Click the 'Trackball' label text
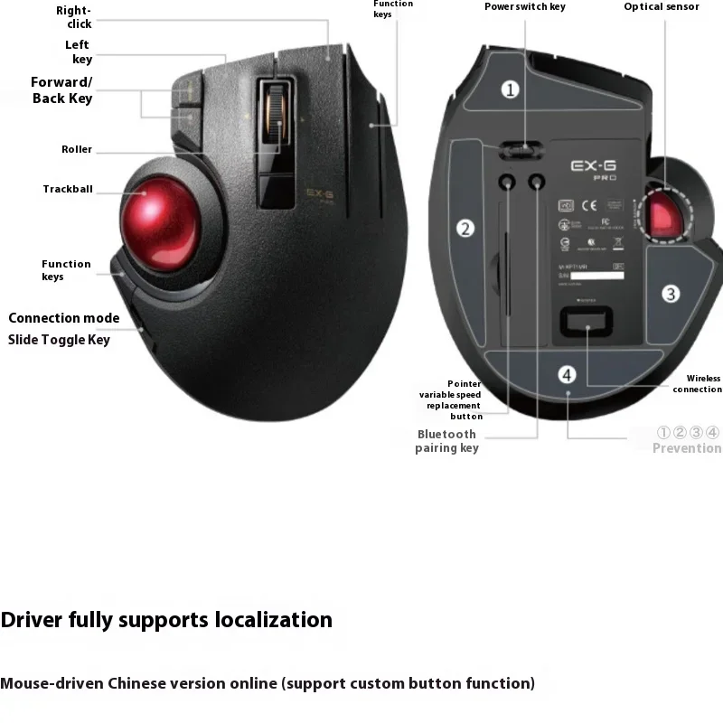pyautogui.click(x=68, y=190)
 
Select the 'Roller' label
pyautogui.click(x=77, y=149)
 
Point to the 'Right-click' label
pyautogui.click(x=74, y=17)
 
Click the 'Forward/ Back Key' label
pyautogui.click(x=61, y=90)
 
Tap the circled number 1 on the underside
pyautogui.click(x=511, y=89)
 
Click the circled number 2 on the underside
pyautogui.click(x=465, y=229)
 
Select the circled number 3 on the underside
pyautogui.click(x=670, y=293)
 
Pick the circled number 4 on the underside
pyautogui.click(x=567, y=374)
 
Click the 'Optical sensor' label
pyautogui.click(x=662, y=7)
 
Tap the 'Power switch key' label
pyautogui.click(x=525, y=7)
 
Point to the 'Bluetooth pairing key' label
pyautogui.click(x=447, y=441)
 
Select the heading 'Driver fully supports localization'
pyautogui.click(x=166, y=620)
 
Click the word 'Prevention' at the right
pyautogui.click(x=687, y=448)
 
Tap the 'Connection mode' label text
pyautogui.click(x=64, y=318)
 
